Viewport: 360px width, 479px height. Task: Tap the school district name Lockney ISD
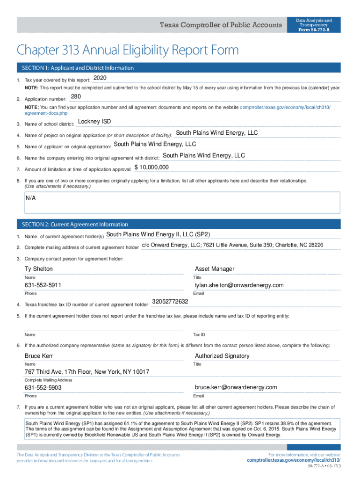94,122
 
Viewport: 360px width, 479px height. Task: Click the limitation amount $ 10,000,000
151,167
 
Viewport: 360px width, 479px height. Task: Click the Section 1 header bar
178,68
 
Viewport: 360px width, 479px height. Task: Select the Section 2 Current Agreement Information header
178,224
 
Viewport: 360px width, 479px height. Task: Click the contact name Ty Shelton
39,269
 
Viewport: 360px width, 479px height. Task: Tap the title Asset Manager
215,269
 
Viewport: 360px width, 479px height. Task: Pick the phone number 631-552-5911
43,285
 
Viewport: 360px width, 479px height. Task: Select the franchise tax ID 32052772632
170,302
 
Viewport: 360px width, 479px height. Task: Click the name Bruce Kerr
39,356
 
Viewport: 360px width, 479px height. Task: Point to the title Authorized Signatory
222,356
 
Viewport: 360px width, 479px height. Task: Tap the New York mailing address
87,372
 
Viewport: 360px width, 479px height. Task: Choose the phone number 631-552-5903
43,388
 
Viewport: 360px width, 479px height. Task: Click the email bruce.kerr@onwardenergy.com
236,387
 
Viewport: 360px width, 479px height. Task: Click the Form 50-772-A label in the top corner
314,30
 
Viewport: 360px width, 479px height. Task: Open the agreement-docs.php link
46,113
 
